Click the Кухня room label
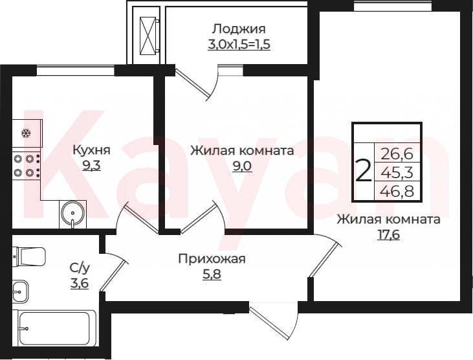pos(92,150)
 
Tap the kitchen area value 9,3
pos(91,165)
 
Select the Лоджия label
pos(239,29)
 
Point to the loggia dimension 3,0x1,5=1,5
pos(239,45)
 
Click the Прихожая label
pos(212,259)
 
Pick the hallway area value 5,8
pos(212,275)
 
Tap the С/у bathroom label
pos(80,267)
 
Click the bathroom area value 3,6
pos(80,283)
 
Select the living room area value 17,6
pos(389,234)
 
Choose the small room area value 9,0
pos(242,166)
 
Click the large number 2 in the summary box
pos(364,170)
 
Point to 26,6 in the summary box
pos(397,154)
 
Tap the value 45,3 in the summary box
pos(397,173)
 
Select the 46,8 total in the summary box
pos(397,191)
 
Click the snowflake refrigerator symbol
pos(27,133)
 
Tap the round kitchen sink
pos(72,213)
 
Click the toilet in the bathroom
pos(28,257)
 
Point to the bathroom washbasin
pos(20,291)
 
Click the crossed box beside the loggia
pos(148,36)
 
